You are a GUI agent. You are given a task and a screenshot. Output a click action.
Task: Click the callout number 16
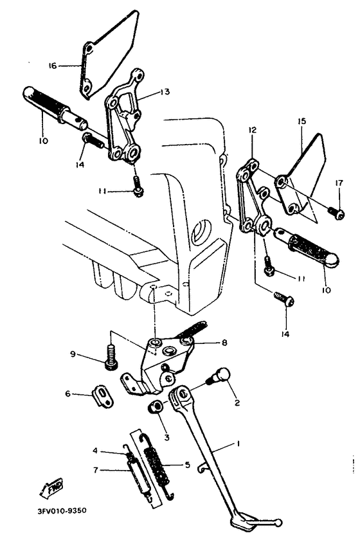(53, 65)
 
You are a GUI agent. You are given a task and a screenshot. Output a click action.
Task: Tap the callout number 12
(252, 130)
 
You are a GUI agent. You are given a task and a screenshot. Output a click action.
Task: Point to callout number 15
(301, 121)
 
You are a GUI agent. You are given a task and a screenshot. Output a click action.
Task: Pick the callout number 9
(74, 354)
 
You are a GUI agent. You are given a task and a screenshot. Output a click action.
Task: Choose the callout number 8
(224, 343)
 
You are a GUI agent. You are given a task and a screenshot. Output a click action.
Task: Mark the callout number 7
(94, 470)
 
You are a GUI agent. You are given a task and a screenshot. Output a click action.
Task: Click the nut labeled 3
(156, 408)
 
